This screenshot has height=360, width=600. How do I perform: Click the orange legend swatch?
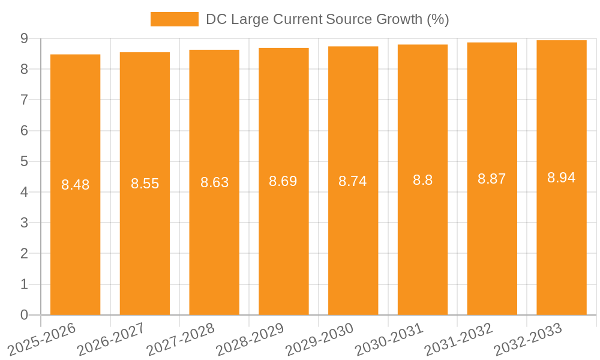[x=174, y=19]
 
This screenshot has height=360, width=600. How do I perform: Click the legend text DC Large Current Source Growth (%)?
[x=327, y=19]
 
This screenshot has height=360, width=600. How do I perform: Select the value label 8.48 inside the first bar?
[x=75, y=185]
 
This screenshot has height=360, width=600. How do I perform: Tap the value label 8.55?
[x=145, y=184]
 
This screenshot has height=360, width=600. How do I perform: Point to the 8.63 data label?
[x=214, y=182]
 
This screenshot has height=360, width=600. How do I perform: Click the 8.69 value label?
[x=283, y=181]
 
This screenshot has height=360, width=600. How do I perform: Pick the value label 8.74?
[x=353, y=181]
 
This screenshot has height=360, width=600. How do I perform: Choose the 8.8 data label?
[x=422, y=180]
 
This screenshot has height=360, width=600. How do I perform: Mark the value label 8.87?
[x=492, y=179]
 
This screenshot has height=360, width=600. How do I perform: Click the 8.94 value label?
[x=561, y=178]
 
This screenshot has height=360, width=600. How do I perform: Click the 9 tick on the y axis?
[x=24, y=38]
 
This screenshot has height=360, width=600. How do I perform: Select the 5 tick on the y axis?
[x=24, y=161]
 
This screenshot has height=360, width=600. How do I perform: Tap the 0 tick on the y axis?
[x=24, y=315]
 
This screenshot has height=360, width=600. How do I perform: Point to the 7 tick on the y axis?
[x=24, y=100]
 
